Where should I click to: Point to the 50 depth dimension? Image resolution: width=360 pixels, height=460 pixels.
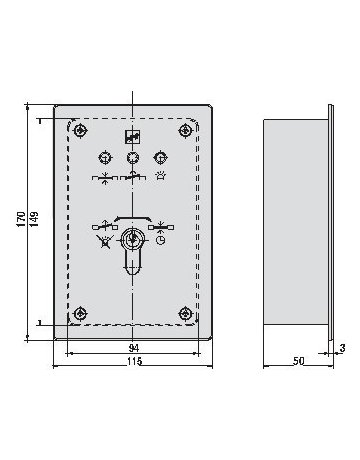pyautogui.click(x=298, y=360)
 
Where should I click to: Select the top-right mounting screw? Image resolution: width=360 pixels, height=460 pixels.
pyautogui.click(x=184, y=130)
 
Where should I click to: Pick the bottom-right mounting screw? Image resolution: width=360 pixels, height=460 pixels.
pyautogui.click(x=184, y=315)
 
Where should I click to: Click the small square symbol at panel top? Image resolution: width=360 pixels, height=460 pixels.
pyautogui.click(x=132, y=139)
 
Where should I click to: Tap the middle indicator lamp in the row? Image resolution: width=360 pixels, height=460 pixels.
pyautogui.click(x=132, y=157)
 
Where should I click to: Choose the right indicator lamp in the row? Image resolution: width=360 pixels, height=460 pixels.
pyautogui.click(x=159, y=157)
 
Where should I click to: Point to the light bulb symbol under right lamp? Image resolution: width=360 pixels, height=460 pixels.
pyautogui.click(x=160, y=176)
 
